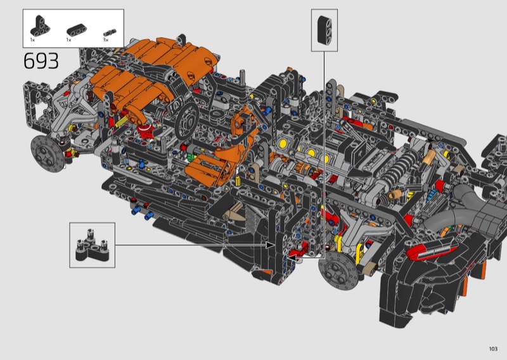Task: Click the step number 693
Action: [41, 61]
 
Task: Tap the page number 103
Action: [493, 349]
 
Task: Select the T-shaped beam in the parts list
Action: [40, 25]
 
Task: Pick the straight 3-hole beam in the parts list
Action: [77, 30]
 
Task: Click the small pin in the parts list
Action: [110, 32]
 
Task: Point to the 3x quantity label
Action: [106, 40]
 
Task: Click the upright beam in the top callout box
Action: [324, 30]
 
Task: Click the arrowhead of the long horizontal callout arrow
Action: [271, 245]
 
